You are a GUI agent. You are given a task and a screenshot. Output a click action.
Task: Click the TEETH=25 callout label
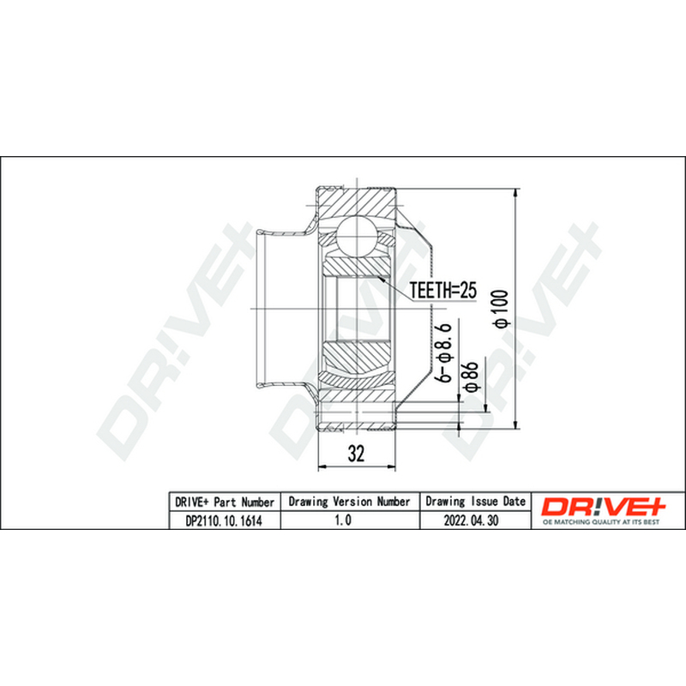[442, 290]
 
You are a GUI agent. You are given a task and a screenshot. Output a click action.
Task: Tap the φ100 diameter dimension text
[501, 308]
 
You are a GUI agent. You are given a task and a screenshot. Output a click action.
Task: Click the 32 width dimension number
[356, 454]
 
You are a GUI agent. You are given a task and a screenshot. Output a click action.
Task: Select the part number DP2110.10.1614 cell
[224, 521]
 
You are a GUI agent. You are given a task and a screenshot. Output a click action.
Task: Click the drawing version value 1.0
[342, 521]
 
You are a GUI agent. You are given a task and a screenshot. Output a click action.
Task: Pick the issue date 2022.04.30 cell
[471, 521]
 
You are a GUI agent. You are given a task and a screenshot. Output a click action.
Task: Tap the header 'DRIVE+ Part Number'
[225, 502]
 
